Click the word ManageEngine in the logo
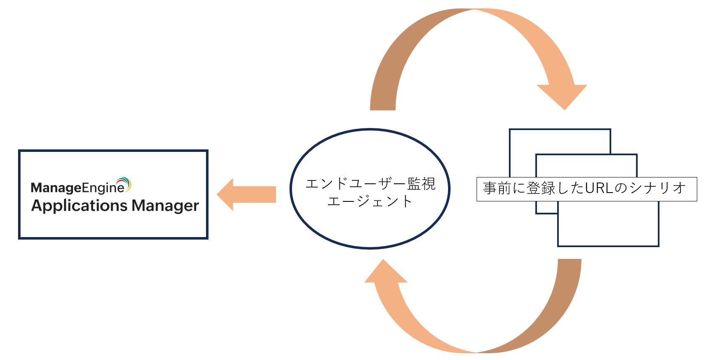pyautogui.click(x=78, y=188)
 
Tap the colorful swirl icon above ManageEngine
pyautogui.click(x=125, y=183)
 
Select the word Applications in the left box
pyautogui.click(x=79, y=206)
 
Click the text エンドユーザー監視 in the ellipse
pyautogui.click(x=370, y=184)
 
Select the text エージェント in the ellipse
pyautogui.click(x=370, y=201)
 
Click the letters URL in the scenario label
pyautogui.click(x=599, y=188)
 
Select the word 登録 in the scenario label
pyautogui.click(x=541, y=188)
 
